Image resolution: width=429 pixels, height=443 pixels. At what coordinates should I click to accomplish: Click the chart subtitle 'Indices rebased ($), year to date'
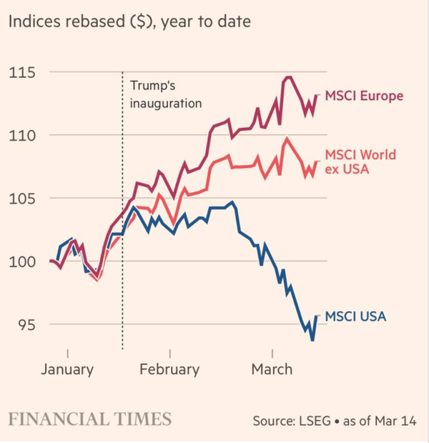130,22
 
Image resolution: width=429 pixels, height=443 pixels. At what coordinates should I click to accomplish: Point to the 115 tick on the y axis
23,73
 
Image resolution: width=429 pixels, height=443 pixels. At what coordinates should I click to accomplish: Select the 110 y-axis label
23,136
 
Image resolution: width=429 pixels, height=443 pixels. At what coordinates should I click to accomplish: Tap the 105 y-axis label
23,199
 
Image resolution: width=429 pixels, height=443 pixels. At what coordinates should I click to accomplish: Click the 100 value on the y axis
23,262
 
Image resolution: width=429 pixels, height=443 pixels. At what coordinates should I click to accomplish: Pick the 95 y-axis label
27,324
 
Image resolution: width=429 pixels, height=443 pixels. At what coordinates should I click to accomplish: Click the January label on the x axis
67,369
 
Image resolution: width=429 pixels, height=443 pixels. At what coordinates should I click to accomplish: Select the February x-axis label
169,369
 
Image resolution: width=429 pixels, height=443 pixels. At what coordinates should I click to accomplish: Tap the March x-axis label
272,369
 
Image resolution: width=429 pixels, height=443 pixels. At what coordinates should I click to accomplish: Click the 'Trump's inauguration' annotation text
166,94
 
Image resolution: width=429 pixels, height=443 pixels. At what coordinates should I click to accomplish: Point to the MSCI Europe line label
364,96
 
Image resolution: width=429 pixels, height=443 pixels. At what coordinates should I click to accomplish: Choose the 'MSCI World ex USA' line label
360,162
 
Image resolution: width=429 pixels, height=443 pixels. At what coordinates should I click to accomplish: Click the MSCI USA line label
355,316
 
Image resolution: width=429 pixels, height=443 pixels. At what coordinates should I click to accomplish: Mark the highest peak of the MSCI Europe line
288,77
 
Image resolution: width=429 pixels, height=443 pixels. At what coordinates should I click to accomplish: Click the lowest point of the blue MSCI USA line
312,339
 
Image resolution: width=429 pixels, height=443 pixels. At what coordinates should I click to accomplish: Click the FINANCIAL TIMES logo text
89,419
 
